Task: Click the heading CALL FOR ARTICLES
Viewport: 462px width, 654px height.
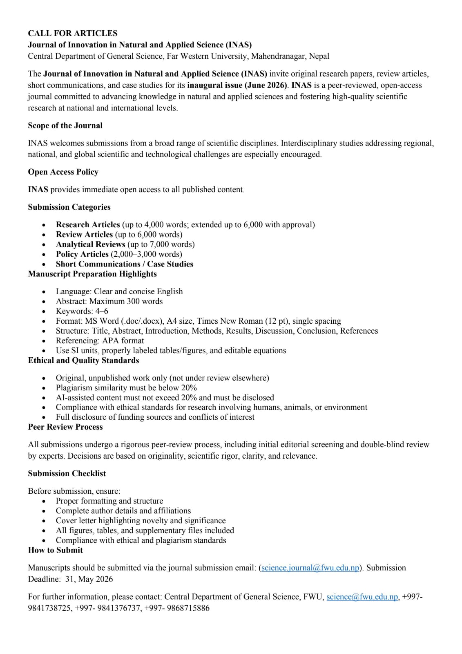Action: click(72, 33)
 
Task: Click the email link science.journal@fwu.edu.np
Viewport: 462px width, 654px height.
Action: click(310, 568)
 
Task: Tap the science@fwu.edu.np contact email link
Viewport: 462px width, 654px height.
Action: click(362, 597)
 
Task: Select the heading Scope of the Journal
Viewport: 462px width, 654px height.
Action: click(65, 125)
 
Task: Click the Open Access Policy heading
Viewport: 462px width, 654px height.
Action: click(63, 172)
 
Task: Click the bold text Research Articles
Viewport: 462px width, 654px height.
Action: click(88, 224)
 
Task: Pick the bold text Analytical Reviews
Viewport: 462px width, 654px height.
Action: click(90, 244)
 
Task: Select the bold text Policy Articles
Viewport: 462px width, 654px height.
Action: click(82, 254)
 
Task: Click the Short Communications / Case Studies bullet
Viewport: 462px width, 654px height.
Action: click(124, 264)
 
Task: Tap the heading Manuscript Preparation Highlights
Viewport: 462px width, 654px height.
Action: click(92, 273)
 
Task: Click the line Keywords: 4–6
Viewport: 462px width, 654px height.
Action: click(82, 311)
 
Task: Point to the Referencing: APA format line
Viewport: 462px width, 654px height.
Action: click(100, 340)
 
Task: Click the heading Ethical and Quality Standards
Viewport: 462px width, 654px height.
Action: click(83, 360)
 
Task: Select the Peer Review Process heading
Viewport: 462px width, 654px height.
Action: click(65, 427)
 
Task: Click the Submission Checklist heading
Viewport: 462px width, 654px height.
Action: click(67, 473)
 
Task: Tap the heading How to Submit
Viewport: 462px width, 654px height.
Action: click(55, 550)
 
